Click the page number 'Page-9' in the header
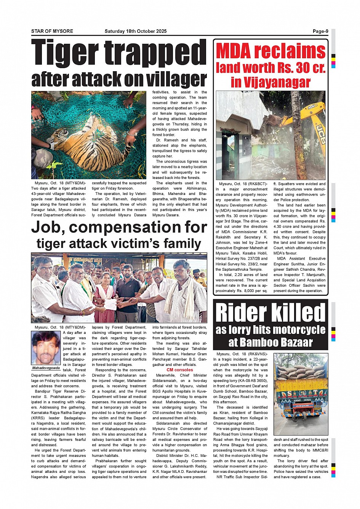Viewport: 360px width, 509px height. point(320,31)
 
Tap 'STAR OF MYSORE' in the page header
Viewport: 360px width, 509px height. point(52,31)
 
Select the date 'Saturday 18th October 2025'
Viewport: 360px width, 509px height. point(136,31)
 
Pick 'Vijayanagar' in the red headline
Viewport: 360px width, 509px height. point(270,82)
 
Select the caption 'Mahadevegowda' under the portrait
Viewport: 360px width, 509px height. point(46,368)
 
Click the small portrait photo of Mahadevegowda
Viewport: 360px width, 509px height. point(46,348)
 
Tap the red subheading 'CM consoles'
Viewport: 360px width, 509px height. point(180,370)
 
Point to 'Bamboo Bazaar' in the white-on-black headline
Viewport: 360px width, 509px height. point(270,343)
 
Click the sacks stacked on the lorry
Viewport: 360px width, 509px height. point(301,372)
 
